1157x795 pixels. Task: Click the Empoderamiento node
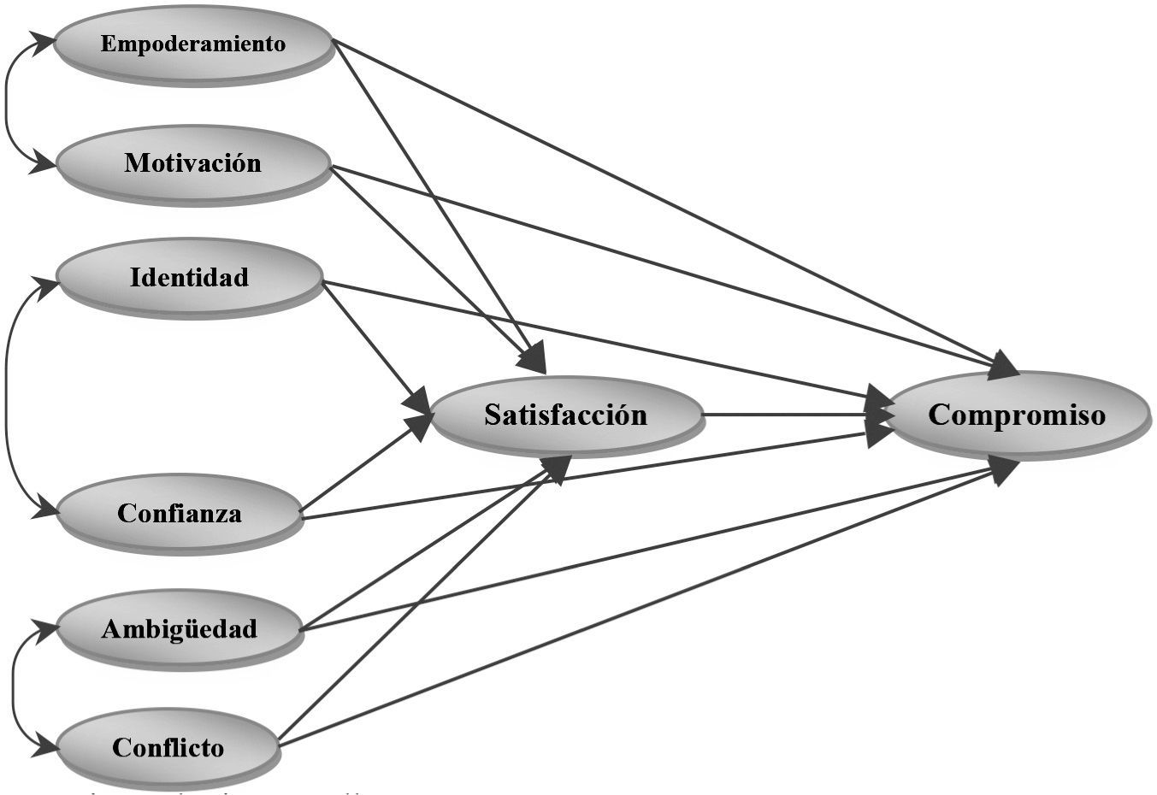(193, 44)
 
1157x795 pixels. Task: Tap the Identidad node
(189, 277)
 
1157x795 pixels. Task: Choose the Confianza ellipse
(180, 513)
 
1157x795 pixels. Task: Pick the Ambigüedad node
(180, 629)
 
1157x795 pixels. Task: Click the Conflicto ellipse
(168, 748)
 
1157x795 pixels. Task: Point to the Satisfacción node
(566, 415)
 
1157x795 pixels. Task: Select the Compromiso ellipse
(1017, 415)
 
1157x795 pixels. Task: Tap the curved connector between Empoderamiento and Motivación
(7, 103)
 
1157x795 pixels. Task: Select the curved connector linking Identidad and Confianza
(7, 397)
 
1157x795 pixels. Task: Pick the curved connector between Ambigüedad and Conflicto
(14, 689)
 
